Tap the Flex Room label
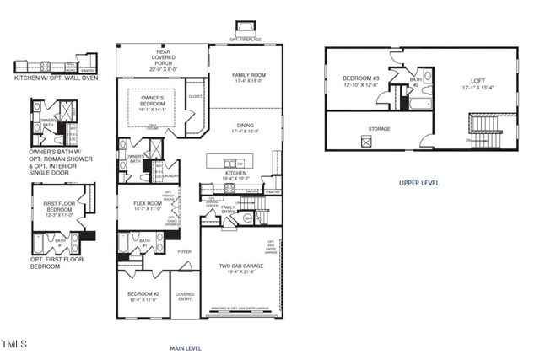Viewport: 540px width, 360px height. pos(148,205)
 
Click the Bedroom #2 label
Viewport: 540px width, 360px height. pos(143,296)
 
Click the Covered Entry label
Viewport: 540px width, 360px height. pos(185,297)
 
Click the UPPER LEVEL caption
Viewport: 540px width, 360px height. pos(418,182)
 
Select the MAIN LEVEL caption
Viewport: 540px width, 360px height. pos(185,347)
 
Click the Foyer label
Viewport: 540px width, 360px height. pos(184,251)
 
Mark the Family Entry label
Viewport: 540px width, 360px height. pos(228,209)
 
